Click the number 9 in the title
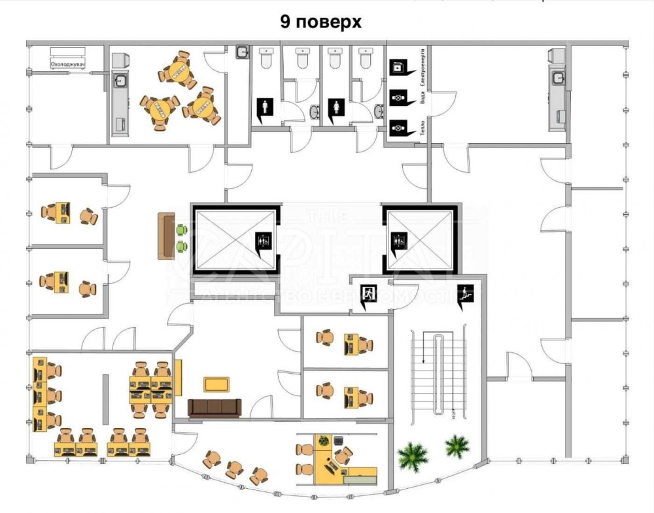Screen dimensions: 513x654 pos(286,22)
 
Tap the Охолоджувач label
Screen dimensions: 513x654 pos(69,64)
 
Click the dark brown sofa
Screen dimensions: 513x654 pos(215,407)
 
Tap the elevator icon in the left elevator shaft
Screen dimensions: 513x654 pos(262,241)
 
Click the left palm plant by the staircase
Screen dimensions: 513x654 pos(413,455)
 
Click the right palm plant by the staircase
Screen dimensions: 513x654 pos(456,447)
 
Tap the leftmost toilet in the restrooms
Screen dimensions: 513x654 pos(266,59)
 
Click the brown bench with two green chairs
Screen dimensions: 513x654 pos(165,237)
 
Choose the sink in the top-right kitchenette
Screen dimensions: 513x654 pos(558,78)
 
